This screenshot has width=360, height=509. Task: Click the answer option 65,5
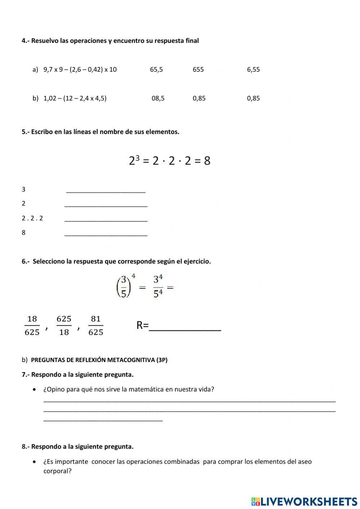[x=156, y=70]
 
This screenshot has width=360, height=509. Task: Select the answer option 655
[x=198, y=70]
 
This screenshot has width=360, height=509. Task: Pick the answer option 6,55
[x=253, y=70]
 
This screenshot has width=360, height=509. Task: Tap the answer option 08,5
[x=158, y=98]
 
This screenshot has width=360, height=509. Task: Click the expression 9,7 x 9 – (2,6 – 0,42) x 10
[x=80, y=70]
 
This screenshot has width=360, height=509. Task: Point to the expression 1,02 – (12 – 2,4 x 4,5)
[x=75, y=98]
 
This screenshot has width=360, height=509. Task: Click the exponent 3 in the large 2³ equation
[x=138, y=157]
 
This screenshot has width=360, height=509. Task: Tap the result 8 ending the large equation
[x=207, y=161]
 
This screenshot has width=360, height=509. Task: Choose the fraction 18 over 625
[x=32, y=325]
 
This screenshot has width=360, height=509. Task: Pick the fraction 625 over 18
[x=64, y=325]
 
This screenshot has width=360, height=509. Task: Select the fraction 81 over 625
[x=96, y=325]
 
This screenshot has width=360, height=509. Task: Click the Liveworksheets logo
[x=304, y=501]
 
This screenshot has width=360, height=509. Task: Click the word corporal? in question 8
[x=58, y=471]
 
